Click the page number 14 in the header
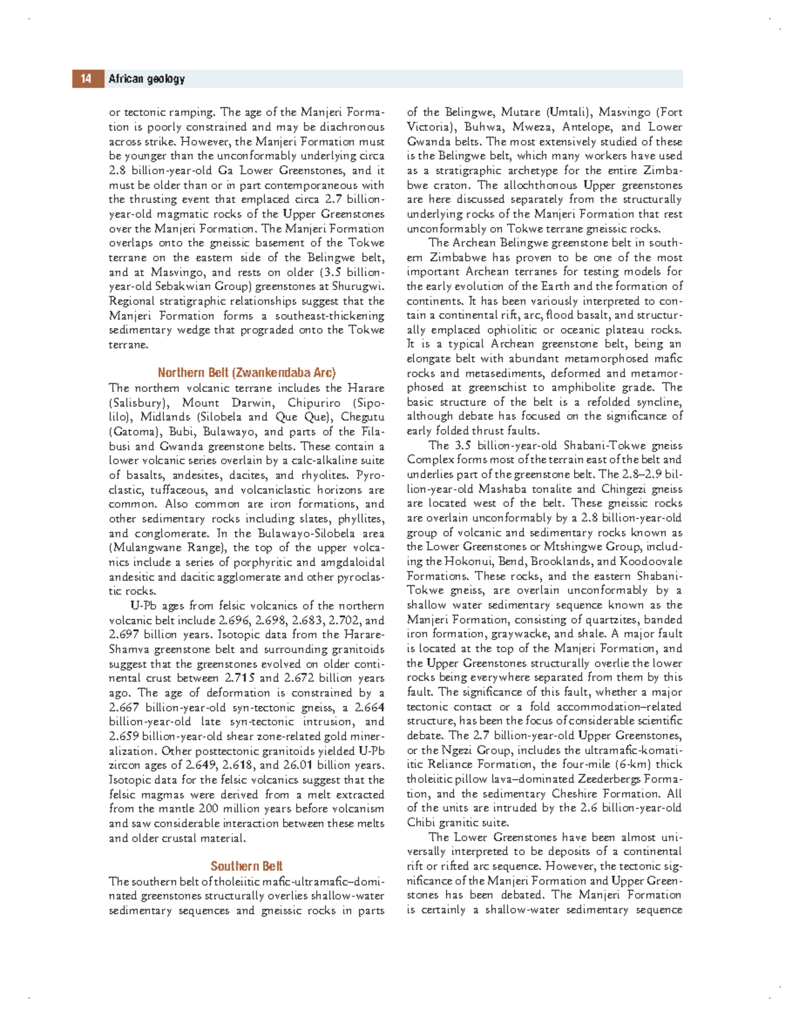[x=86, y=79]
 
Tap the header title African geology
[x=146, y=79]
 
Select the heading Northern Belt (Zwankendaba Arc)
[x=246, y=373]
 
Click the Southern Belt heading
[x=246, y=866]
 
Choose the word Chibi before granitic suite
[x=421, y=822]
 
